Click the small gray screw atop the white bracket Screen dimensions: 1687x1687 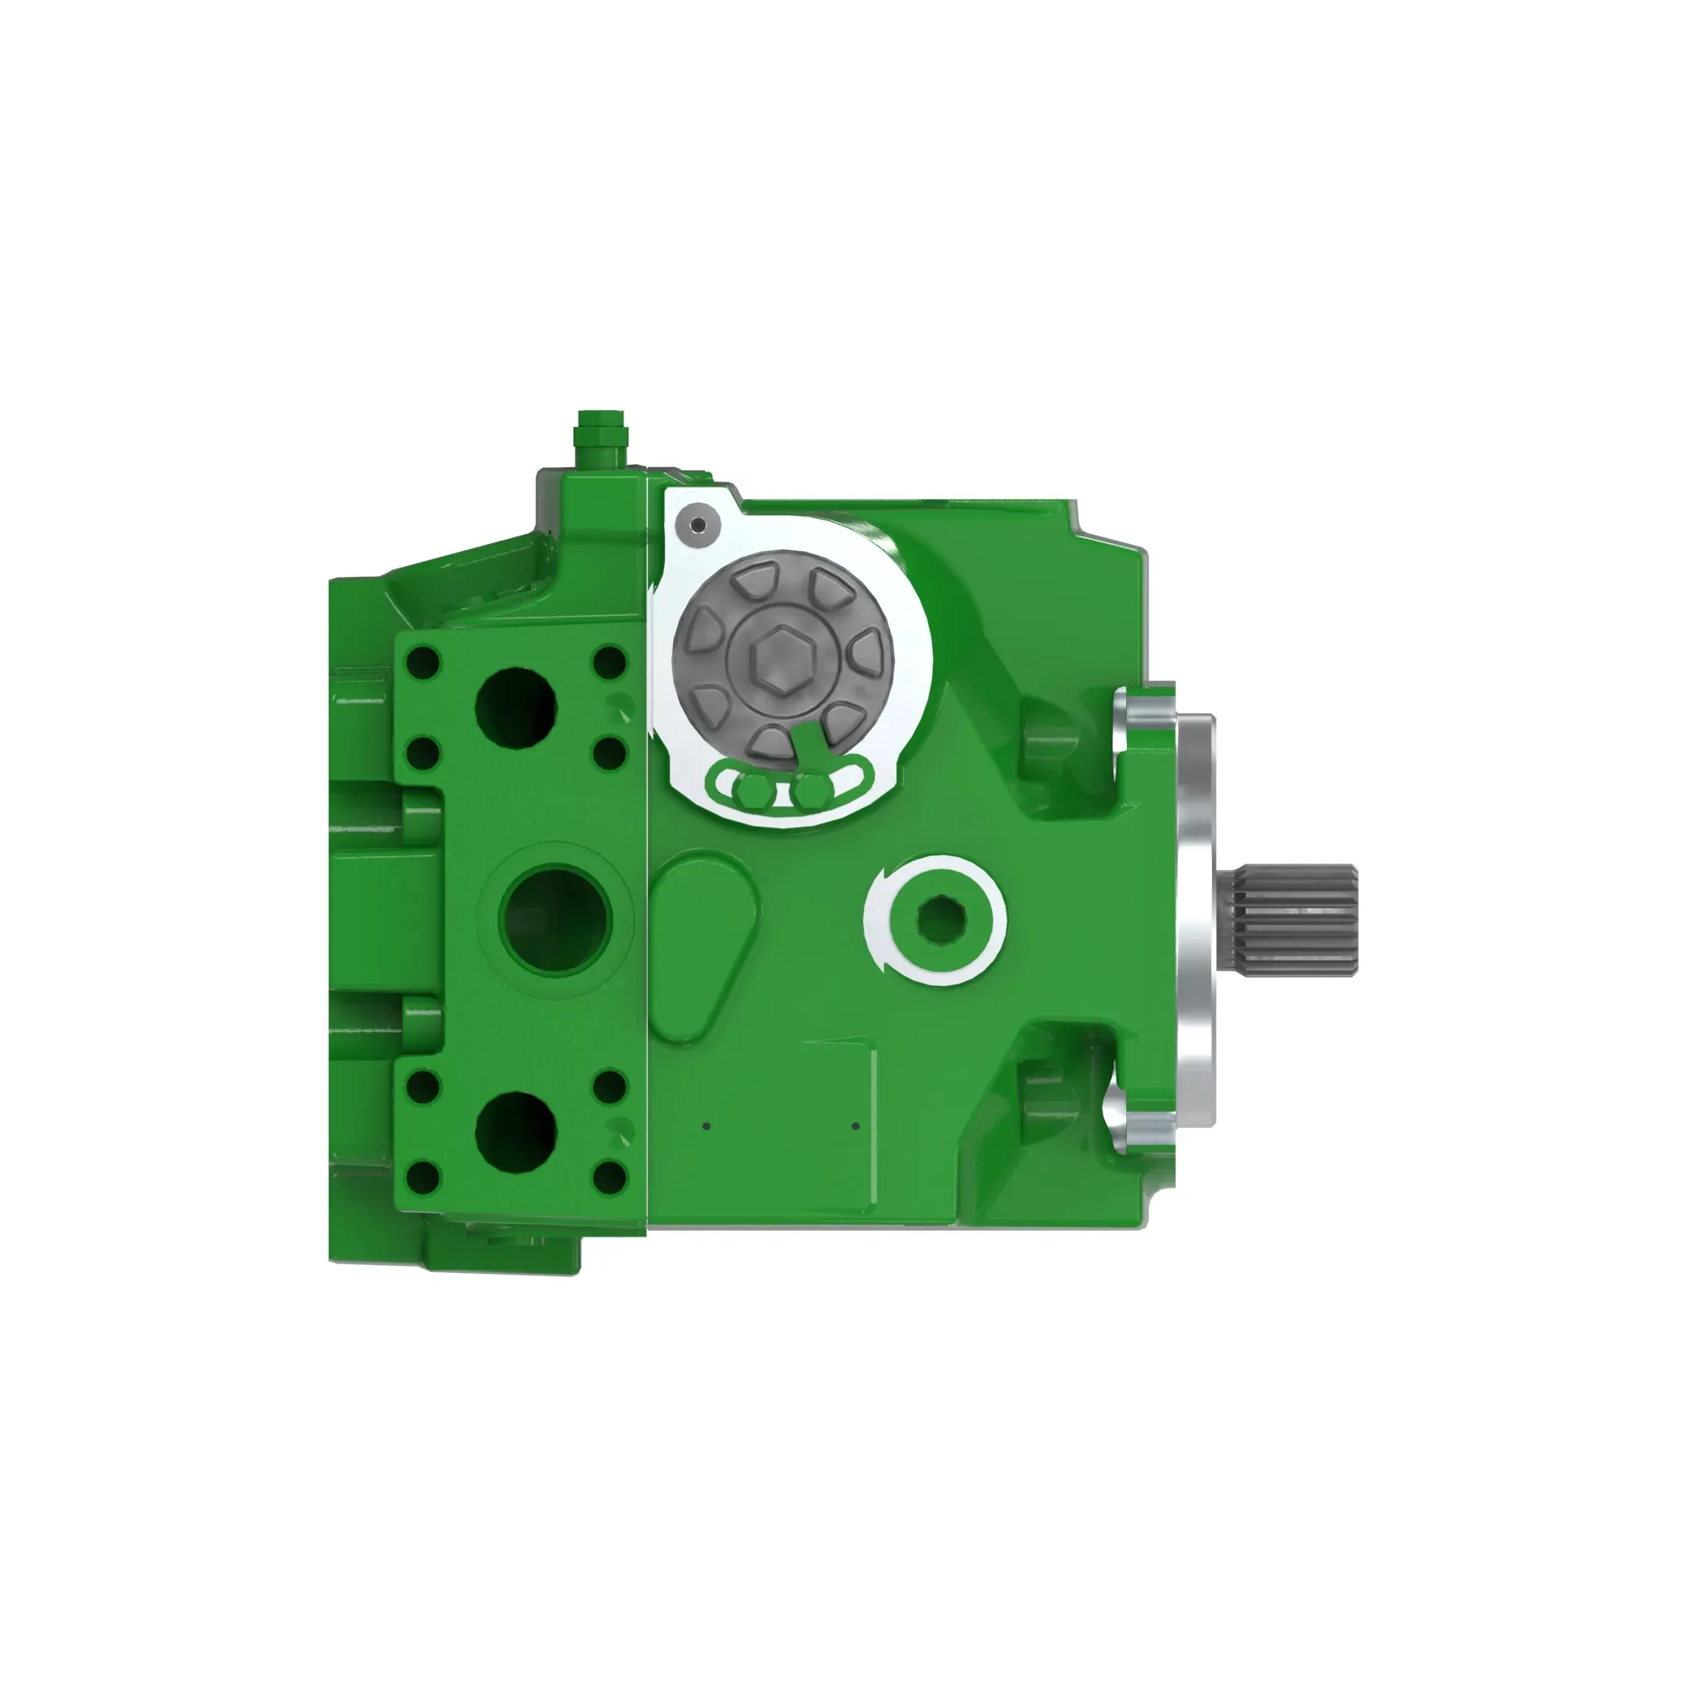tap(698, 525)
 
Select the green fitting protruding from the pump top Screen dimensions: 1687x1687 tap(599, 441)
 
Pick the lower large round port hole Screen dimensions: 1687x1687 tap(516, 1132)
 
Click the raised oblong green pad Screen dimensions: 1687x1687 tap(704, 948)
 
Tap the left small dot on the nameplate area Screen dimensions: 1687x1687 tap(706, 1125)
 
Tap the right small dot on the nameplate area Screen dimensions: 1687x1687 tap(854, 1125)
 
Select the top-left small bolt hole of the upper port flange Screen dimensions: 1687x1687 tap(423, 662)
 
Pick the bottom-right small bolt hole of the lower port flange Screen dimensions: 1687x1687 tap(610, 1177)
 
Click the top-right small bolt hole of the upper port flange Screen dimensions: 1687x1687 tap(610, 662)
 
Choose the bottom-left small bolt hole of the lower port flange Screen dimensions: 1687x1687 tap(423, 1177)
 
